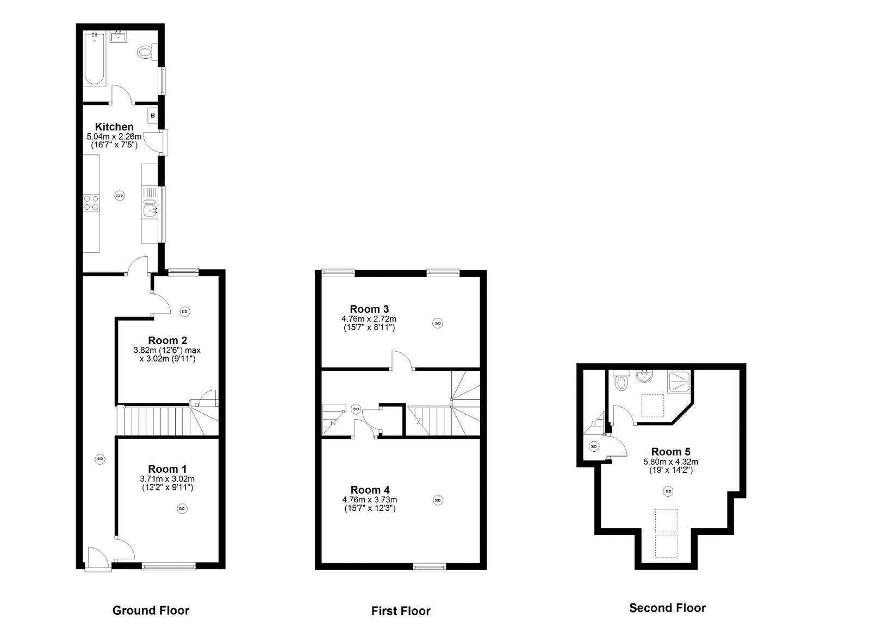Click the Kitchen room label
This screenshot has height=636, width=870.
pos(114,127)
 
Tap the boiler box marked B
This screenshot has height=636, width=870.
pos(153,116)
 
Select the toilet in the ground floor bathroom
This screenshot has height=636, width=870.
pos(145,52)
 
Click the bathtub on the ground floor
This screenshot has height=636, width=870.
pos(95,59)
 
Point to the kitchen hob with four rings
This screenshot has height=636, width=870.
pos(91,203)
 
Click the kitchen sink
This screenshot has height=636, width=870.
pos(148,208)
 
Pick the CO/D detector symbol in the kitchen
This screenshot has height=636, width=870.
pos(120,195)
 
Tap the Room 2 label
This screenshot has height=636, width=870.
pos(167,340)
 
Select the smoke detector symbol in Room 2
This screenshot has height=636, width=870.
pos(184,311)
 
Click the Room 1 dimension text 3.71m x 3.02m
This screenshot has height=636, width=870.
pos(167,479)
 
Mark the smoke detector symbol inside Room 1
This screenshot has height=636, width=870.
pos(182,509)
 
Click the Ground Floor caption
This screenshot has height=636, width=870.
pos(151,610)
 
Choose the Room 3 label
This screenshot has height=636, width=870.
pos(369,309)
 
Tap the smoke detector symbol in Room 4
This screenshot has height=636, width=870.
pos(438,500)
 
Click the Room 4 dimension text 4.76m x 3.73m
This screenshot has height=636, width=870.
pos(369,500)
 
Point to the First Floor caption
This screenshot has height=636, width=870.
pos(401,611)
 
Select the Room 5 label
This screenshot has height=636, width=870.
pos(670,452)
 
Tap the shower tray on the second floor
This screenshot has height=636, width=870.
pos(680,381)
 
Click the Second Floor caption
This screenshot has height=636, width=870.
pos(667,608)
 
